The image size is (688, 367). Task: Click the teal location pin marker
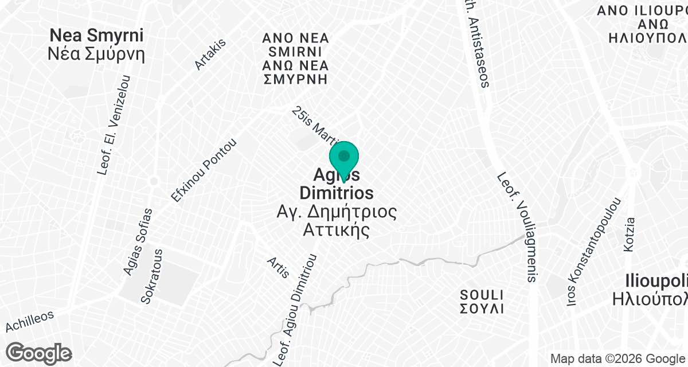343,158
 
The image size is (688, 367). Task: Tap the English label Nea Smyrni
96,35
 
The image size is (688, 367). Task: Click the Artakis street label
210,54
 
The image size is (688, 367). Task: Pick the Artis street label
278,267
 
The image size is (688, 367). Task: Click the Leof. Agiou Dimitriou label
296,310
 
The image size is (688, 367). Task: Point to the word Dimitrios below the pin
336,193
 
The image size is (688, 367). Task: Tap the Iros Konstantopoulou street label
594,252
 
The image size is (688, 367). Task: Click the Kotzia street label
630,233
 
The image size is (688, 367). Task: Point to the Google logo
40,352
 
